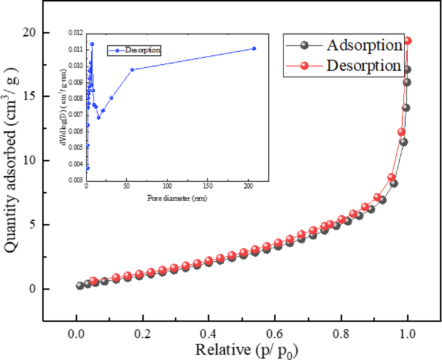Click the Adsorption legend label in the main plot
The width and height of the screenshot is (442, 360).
tap(364, 45)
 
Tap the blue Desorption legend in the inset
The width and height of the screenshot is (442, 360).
tap(143, 50)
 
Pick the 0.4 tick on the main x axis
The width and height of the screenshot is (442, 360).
tap(209, 335)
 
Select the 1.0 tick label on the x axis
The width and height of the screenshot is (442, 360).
tap(407, 335)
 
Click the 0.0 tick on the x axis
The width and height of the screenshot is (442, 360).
tap(76, 335)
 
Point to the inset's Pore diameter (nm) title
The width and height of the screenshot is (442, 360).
tap(177, 199)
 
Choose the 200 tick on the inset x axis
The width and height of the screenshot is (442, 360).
tap(248, 186)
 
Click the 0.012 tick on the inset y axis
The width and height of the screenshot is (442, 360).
tap(76, 33)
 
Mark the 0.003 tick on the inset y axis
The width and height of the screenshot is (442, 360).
tap(76, 180)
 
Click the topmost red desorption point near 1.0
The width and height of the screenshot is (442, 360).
tap(408, 41)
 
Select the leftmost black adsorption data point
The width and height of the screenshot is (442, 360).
tap(80, 286)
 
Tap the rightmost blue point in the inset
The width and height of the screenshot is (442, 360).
tap(254, 48)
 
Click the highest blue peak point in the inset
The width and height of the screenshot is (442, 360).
tap(92, 44)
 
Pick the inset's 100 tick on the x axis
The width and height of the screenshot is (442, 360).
tap(167, 186)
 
